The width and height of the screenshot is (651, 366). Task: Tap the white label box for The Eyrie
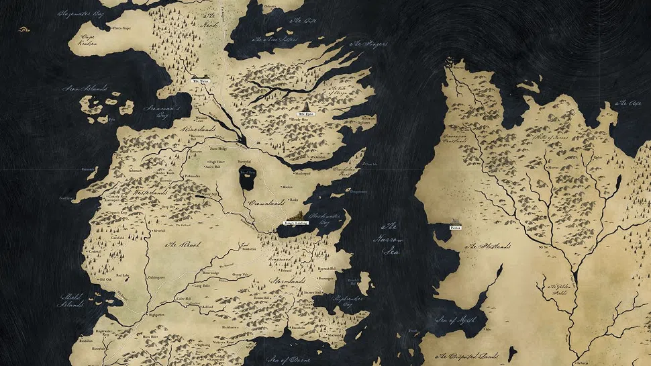(306, 114)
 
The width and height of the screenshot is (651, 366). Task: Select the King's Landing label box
(295, 223)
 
